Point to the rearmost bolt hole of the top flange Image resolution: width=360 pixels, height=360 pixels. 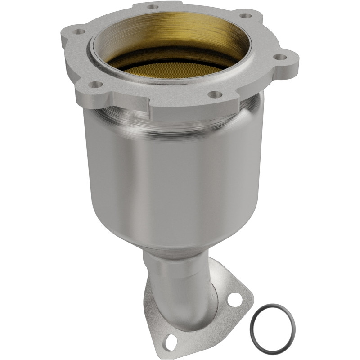(x=153, y=7)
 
